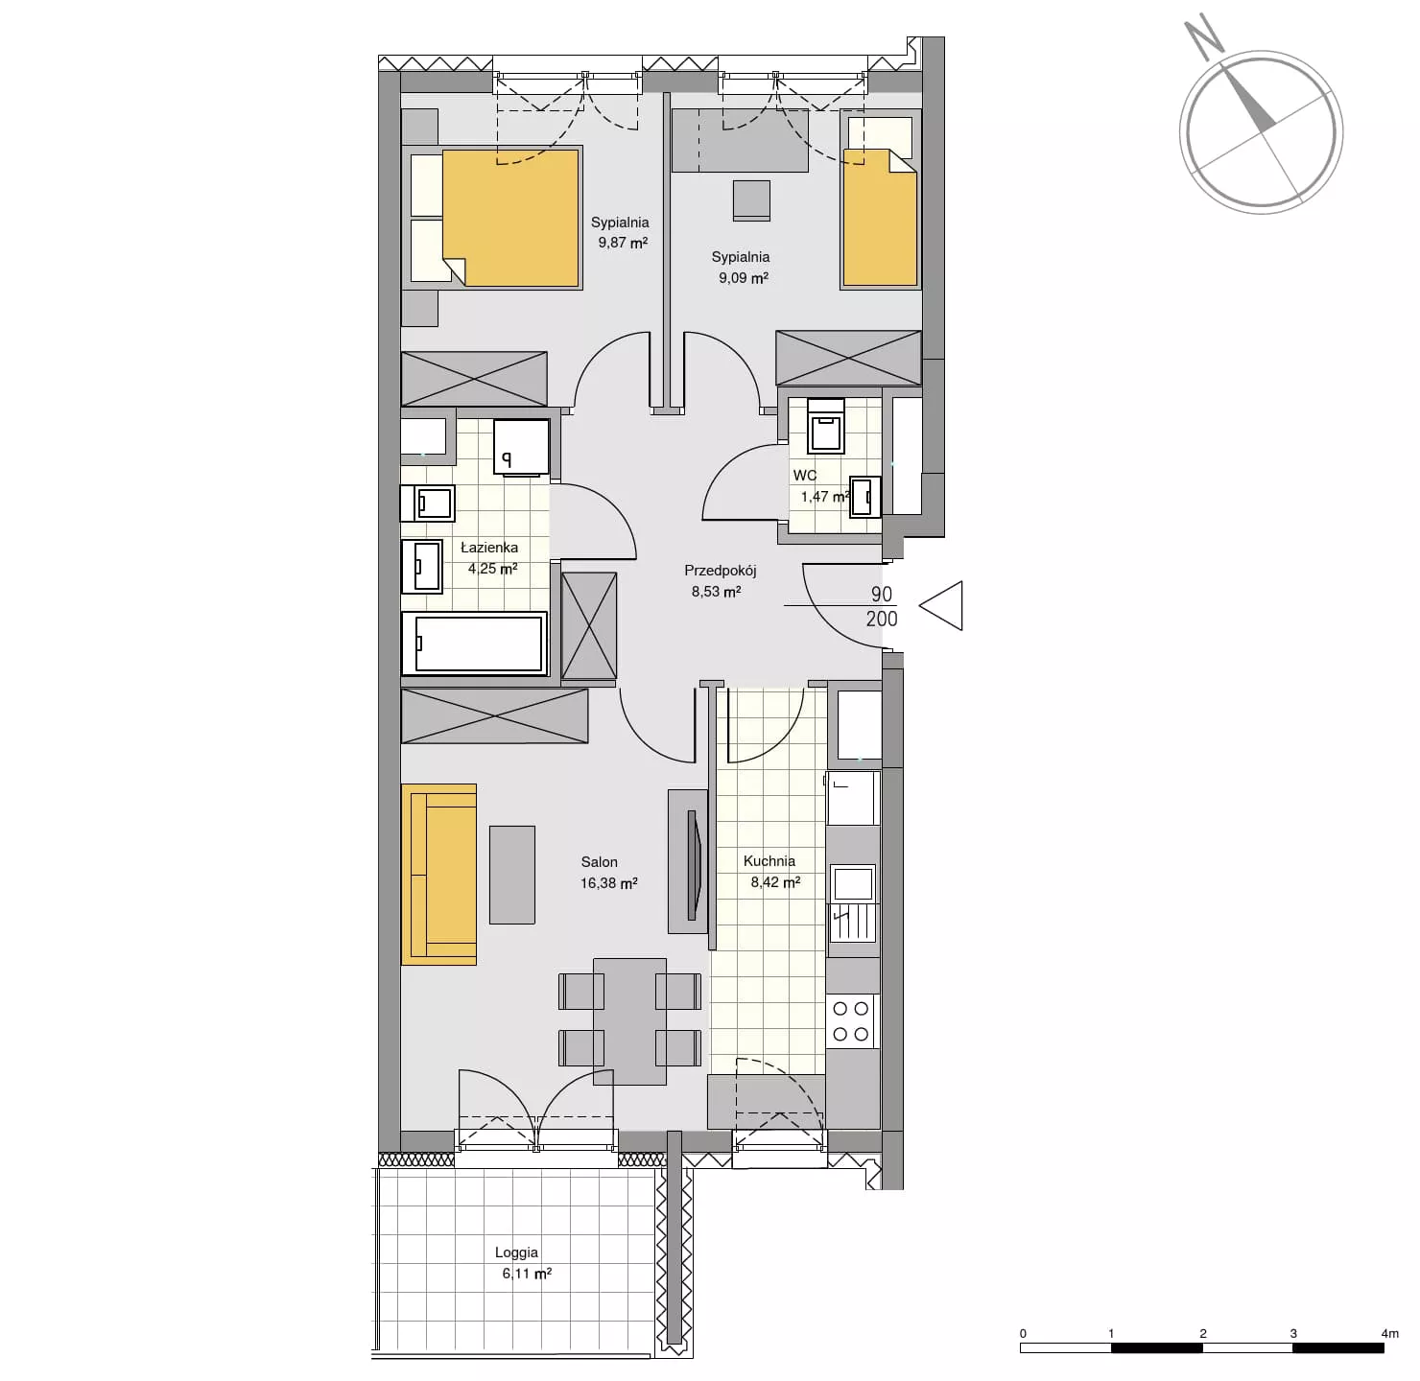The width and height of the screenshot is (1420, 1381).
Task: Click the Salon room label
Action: [599, 861]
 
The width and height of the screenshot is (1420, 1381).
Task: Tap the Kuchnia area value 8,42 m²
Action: [775, 882]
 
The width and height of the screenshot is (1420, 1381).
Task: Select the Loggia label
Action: [516, 1252]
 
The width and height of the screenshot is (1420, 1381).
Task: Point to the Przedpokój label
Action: [720, 571]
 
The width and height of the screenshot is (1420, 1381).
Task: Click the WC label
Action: [805, 476]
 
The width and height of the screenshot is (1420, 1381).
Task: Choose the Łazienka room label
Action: [489, 548]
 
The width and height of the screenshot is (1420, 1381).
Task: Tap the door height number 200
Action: [882, 620]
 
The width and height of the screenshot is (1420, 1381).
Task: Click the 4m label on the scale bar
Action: [1390, 1333]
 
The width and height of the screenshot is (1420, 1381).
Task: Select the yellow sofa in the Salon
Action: [438, 874]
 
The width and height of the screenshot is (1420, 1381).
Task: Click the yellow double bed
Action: [510, 218]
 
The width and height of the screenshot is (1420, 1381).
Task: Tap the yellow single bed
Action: [880, 218]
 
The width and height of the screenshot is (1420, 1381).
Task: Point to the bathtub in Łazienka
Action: [474, 643]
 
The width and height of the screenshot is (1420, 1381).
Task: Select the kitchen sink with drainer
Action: [852, 903]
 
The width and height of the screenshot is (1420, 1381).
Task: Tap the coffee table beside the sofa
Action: [512, 875]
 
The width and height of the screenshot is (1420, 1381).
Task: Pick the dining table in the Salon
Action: [629, 1021]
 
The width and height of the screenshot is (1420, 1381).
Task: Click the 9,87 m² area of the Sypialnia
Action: [623, 243]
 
